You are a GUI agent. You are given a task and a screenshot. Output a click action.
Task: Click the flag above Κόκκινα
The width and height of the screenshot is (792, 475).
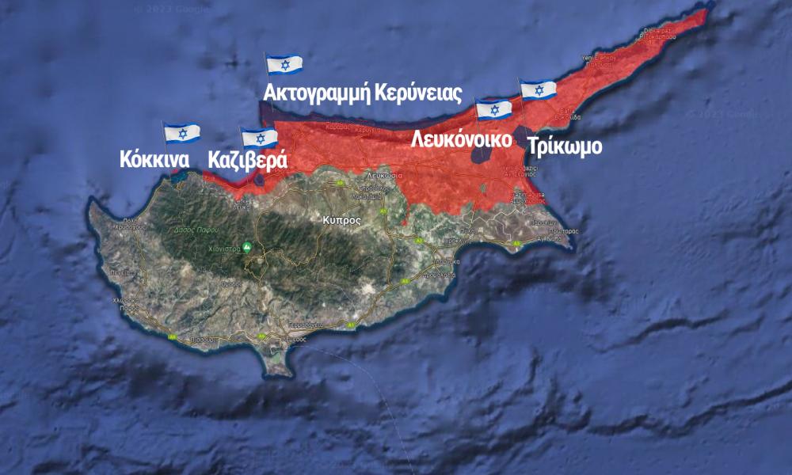pyautogui.click(x=181, y=132)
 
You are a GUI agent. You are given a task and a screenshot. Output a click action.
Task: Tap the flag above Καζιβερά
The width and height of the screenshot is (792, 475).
pyautogui.click(x=259, y=137)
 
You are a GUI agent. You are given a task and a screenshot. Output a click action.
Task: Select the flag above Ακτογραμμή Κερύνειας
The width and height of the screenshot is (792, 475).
pyautogui.click(x=284, y=64)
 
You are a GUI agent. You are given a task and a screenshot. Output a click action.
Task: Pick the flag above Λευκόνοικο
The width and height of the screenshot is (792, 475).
pyautogui.click(x=494, y=109)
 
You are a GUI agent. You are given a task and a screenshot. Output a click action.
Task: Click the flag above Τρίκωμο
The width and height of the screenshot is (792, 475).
pyautogui.click(x=539, y=89)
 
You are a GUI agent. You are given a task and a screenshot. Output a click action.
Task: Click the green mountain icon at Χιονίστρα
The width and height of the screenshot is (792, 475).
pyautogui.click(x=248, y=247)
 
